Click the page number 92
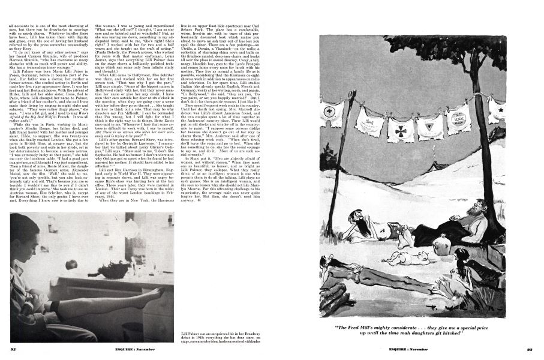coord(12,349)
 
